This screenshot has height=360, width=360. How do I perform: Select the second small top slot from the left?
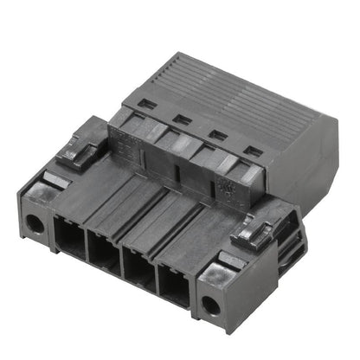(183, 119)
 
